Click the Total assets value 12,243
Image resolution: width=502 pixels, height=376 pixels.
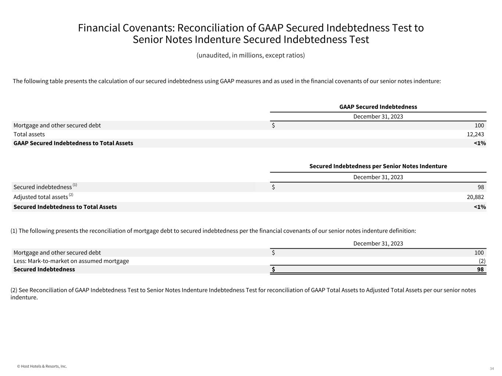click(x=475, y=134)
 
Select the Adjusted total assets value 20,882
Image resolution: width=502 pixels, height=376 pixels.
click(x=475, y=197)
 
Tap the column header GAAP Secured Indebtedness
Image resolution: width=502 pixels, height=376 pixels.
click(x=378, y=107)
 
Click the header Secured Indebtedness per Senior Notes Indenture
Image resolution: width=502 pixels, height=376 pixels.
click(x=378, y=166)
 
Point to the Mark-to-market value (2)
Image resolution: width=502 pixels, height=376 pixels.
click(x=482, y=261)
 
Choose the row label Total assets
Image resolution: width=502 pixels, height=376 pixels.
click(x=29, y=134)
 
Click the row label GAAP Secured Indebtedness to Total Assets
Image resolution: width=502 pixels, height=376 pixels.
click(x=73, y=143)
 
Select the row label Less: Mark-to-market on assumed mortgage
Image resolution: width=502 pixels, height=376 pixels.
click(x=71, y=261)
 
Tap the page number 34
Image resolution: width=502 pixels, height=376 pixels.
click(x=492, y=368)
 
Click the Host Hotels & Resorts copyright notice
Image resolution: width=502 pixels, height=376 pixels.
click(x=42, y=366)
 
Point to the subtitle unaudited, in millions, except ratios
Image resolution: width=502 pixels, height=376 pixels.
click(x=250, y=55)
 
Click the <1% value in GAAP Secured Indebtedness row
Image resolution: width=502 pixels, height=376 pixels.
click(x=480, y=143)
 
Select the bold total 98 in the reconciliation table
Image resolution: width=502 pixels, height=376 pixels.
click(x=480, y=270)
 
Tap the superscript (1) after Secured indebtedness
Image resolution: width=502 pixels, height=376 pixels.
click(x=75, y=185)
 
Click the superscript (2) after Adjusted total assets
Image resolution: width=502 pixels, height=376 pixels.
click(x=71, y=195)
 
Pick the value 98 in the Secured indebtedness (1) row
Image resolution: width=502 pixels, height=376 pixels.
click(x=480, y=187)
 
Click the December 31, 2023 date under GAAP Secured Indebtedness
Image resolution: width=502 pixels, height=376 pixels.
click(x=378, y=117)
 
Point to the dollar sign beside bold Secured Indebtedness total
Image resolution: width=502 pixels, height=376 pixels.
click(x=273, y=270)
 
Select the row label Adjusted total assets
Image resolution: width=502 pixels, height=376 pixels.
click(x=40, y=197)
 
